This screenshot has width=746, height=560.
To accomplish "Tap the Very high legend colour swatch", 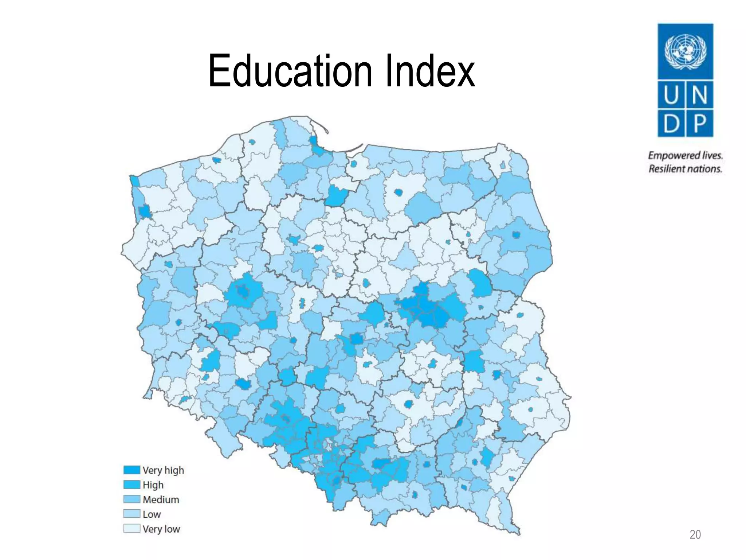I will coord(131,470).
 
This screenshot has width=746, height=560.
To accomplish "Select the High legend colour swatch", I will coord(131,485).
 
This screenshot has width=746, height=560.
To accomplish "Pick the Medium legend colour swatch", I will coord(131,499).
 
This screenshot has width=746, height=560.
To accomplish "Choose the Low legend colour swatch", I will coord(131,514).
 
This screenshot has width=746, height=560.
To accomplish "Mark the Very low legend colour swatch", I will coord(131,529).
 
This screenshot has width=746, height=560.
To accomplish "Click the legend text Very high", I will coord(163,470).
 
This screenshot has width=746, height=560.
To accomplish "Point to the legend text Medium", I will coord(161,499).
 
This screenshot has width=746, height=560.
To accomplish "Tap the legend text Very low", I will coord(161,529).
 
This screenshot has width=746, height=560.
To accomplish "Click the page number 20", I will coord(695,534).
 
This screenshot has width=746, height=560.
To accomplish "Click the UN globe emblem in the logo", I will coord(685,51).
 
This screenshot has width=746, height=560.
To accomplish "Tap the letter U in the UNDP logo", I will coord(671,95).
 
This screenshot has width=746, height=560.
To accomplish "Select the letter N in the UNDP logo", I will coord(699,95).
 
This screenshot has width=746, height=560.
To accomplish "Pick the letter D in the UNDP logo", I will coord(671,123).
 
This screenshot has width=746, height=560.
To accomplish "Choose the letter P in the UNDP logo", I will coord(699,123).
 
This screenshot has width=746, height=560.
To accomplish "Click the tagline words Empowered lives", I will coord(685,156).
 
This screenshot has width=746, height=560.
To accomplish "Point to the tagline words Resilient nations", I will coord(685,169).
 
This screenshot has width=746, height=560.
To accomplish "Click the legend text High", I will coord(153,485).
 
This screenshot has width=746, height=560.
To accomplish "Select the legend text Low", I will coord(152,514).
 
